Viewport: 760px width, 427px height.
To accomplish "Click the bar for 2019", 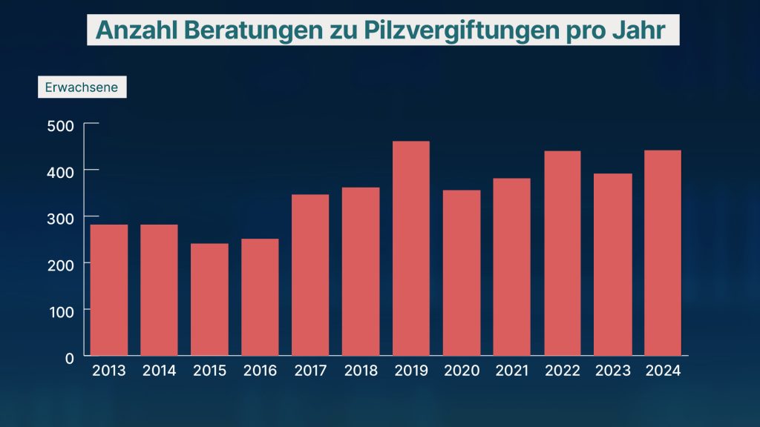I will (411, 248).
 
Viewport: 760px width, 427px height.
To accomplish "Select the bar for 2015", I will (209, 299).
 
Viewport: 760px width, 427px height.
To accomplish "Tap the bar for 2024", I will (663, 253).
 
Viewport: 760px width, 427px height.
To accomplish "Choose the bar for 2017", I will (310, 275).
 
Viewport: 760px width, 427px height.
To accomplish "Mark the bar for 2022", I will (563, 253).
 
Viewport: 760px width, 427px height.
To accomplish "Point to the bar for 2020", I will (462, 273).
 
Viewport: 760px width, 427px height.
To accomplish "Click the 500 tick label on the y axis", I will (62, 125).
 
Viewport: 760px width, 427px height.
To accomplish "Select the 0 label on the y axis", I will (69, 357).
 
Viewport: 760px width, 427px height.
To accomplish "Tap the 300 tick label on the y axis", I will (62, 217).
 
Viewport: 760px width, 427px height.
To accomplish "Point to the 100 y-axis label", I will (62, 311).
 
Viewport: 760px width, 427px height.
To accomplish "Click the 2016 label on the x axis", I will (260, 371).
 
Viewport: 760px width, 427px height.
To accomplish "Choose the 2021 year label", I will (512, 371).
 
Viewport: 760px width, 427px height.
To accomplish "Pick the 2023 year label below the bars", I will (613, 371).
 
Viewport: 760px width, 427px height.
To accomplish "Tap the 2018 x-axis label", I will (361, 371).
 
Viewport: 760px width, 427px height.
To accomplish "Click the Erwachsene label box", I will (82, 87).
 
